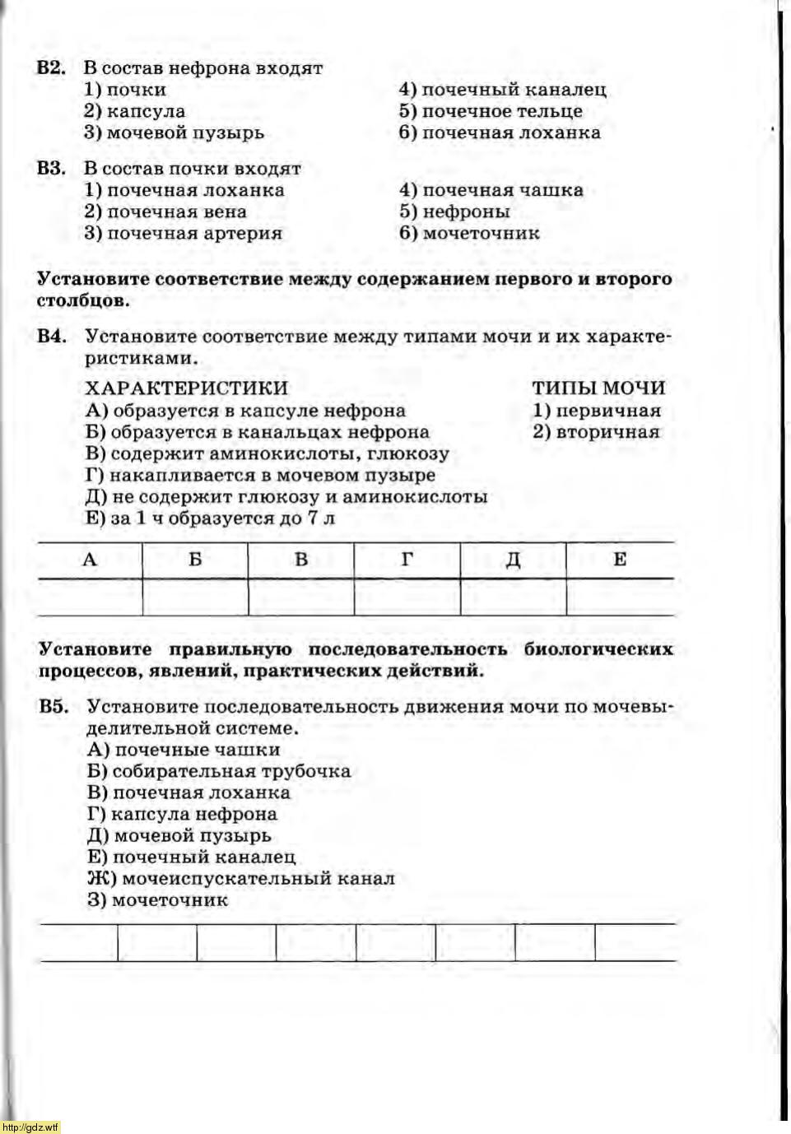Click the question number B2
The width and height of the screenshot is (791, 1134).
pyautogui.click(x=51, y=68)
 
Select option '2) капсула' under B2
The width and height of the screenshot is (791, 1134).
pyautogui.click(x=134, y=111)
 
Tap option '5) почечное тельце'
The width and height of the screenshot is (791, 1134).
pyautogui.click(x=491, y=111)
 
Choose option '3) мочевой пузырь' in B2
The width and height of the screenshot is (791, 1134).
pyautogui.click(x=174, y=132)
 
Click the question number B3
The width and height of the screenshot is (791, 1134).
pyautogui.click(x=51, y=169)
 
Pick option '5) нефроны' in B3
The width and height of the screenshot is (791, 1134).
pyautogui.click(x=454, y=211)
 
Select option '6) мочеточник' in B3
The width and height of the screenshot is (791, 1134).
pyautogui.click(x=469, y=233)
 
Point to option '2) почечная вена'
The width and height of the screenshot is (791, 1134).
pyautogui.click(x=165, y=211)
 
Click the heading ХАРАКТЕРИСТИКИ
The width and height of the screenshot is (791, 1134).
pyautogui.click(x=187, y=388)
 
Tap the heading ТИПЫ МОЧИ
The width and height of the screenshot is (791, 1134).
pyautogui.click(x=598, y=388)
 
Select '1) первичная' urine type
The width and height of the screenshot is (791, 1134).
pyautogui.click(x=597, y=410)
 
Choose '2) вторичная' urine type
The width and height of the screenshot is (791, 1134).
pyautogui.click(x=596, y=432)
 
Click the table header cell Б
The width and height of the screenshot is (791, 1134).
pyautogui.click(x=195, y=560)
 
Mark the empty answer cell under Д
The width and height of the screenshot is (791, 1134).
pyautogui.click(x=513, y=597)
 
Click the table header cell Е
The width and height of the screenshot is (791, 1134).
pyautogui.click(x=620, y=560)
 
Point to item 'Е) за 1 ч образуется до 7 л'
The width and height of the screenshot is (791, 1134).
pyautogui.click(x=211, y=518)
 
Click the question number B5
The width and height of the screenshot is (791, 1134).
pyautogui.click(x=53, y=707)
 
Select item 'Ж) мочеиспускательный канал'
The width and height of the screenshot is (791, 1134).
pyautogui.click(x=241, y=878)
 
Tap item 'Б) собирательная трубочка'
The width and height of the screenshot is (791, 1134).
pyautogui.click(x=219, y=771)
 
